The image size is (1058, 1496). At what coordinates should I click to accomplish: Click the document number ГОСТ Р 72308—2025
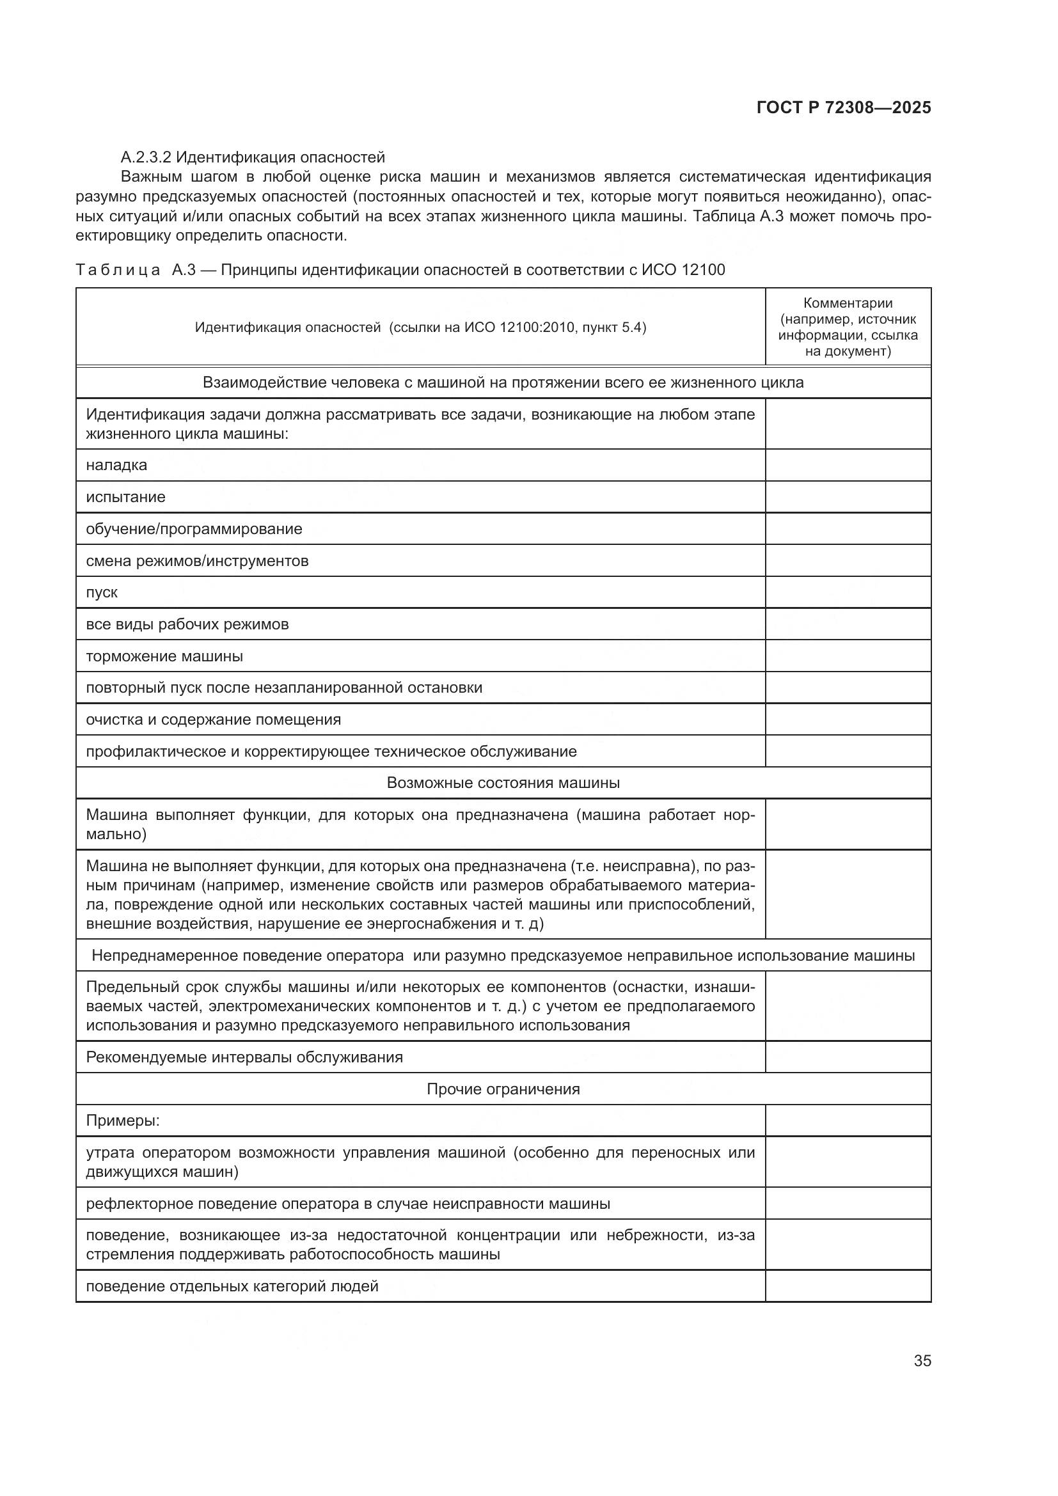coord(844,108)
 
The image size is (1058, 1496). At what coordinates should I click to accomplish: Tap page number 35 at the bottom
coord(922,1360)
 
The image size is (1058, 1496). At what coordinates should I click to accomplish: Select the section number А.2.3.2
coord(146,158)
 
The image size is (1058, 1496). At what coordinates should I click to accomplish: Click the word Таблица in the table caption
coord(118,270)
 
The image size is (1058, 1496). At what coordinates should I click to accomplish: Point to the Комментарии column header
coord(848,303)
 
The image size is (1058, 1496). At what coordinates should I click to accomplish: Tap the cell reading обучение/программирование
coord(194,528)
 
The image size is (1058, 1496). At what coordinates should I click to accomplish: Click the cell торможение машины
coord(164,656)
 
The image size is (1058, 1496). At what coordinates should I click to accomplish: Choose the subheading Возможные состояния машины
coord(503,782)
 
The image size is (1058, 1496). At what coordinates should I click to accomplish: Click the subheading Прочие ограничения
coord(503,1089)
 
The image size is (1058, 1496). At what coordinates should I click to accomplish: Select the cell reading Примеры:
coord(122,1121)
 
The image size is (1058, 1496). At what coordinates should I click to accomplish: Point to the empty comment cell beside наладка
coord(848,465)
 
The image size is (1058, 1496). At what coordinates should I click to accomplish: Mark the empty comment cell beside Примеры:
coord(848,1121)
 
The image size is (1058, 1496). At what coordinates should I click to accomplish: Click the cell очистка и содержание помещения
coord(213,720)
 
